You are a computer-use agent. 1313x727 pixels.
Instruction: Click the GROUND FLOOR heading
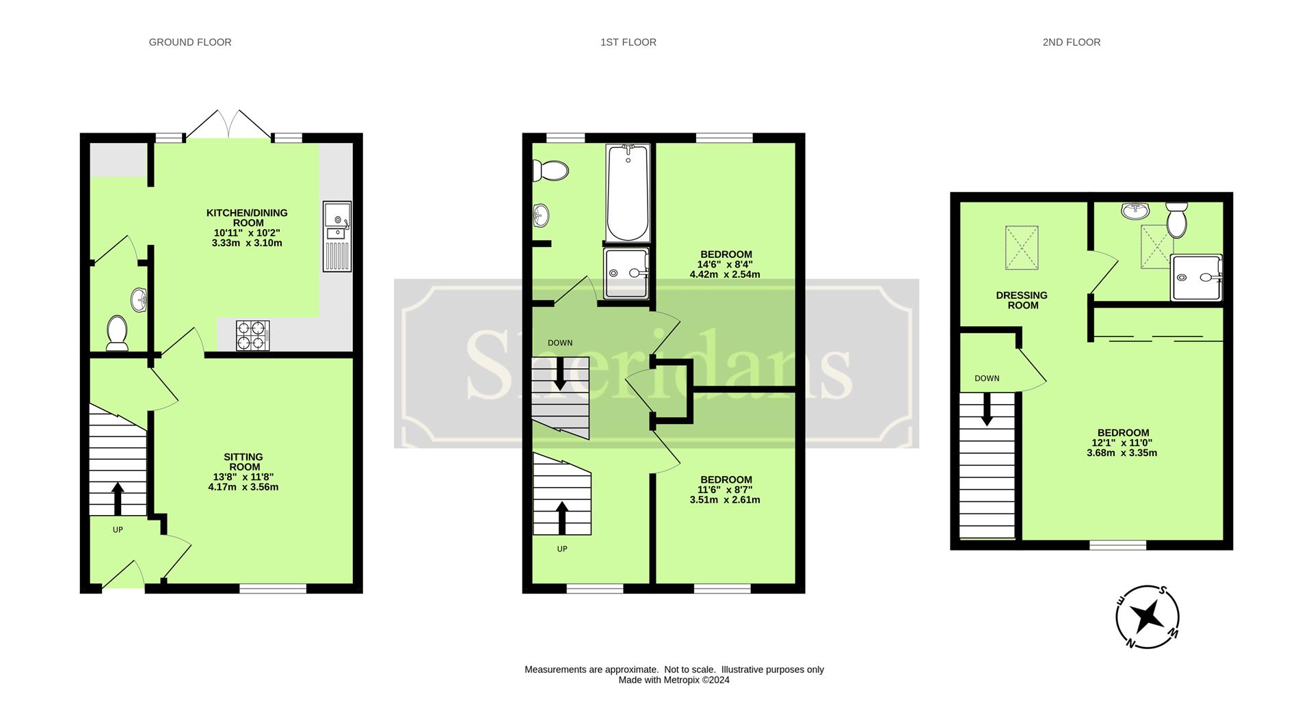coord(190,42)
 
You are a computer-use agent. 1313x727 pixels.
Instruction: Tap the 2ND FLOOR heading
coord(1071,42)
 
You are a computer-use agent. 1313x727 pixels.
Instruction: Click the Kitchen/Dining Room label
coord(247,217)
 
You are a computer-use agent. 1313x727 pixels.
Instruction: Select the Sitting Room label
coord(243,462)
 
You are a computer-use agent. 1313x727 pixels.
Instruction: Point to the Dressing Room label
coord(1022,300)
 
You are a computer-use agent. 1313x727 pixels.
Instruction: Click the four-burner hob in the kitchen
coord(253,336)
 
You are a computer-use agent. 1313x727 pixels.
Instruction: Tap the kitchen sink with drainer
coord(337,237)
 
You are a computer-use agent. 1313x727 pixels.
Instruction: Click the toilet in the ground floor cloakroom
coord(118,332)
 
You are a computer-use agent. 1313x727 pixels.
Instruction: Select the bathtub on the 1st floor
coord(628,192)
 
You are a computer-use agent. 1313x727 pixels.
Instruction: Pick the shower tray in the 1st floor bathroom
coord(626,274)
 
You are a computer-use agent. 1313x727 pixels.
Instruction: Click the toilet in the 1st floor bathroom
coord(551,170)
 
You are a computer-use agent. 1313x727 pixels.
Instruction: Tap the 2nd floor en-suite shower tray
coord(1196,278)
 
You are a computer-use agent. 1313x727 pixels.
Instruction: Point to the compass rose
coord(1148,617)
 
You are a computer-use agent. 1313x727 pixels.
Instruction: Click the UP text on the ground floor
coord(118,529)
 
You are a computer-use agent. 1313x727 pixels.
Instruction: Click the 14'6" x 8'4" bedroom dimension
coord(725,265)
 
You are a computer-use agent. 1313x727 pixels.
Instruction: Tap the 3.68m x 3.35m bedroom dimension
coord(1122,453)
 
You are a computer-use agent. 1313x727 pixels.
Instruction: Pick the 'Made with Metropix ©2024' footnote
coord(674,680)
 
